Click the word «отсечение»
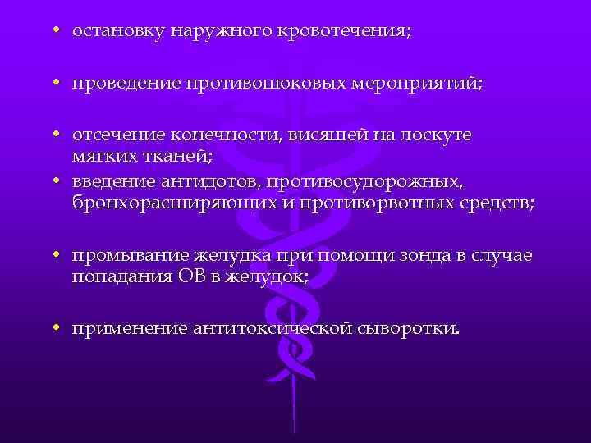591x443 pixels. coord(118,134)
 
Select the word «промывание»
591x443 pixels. coord(124,256)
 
